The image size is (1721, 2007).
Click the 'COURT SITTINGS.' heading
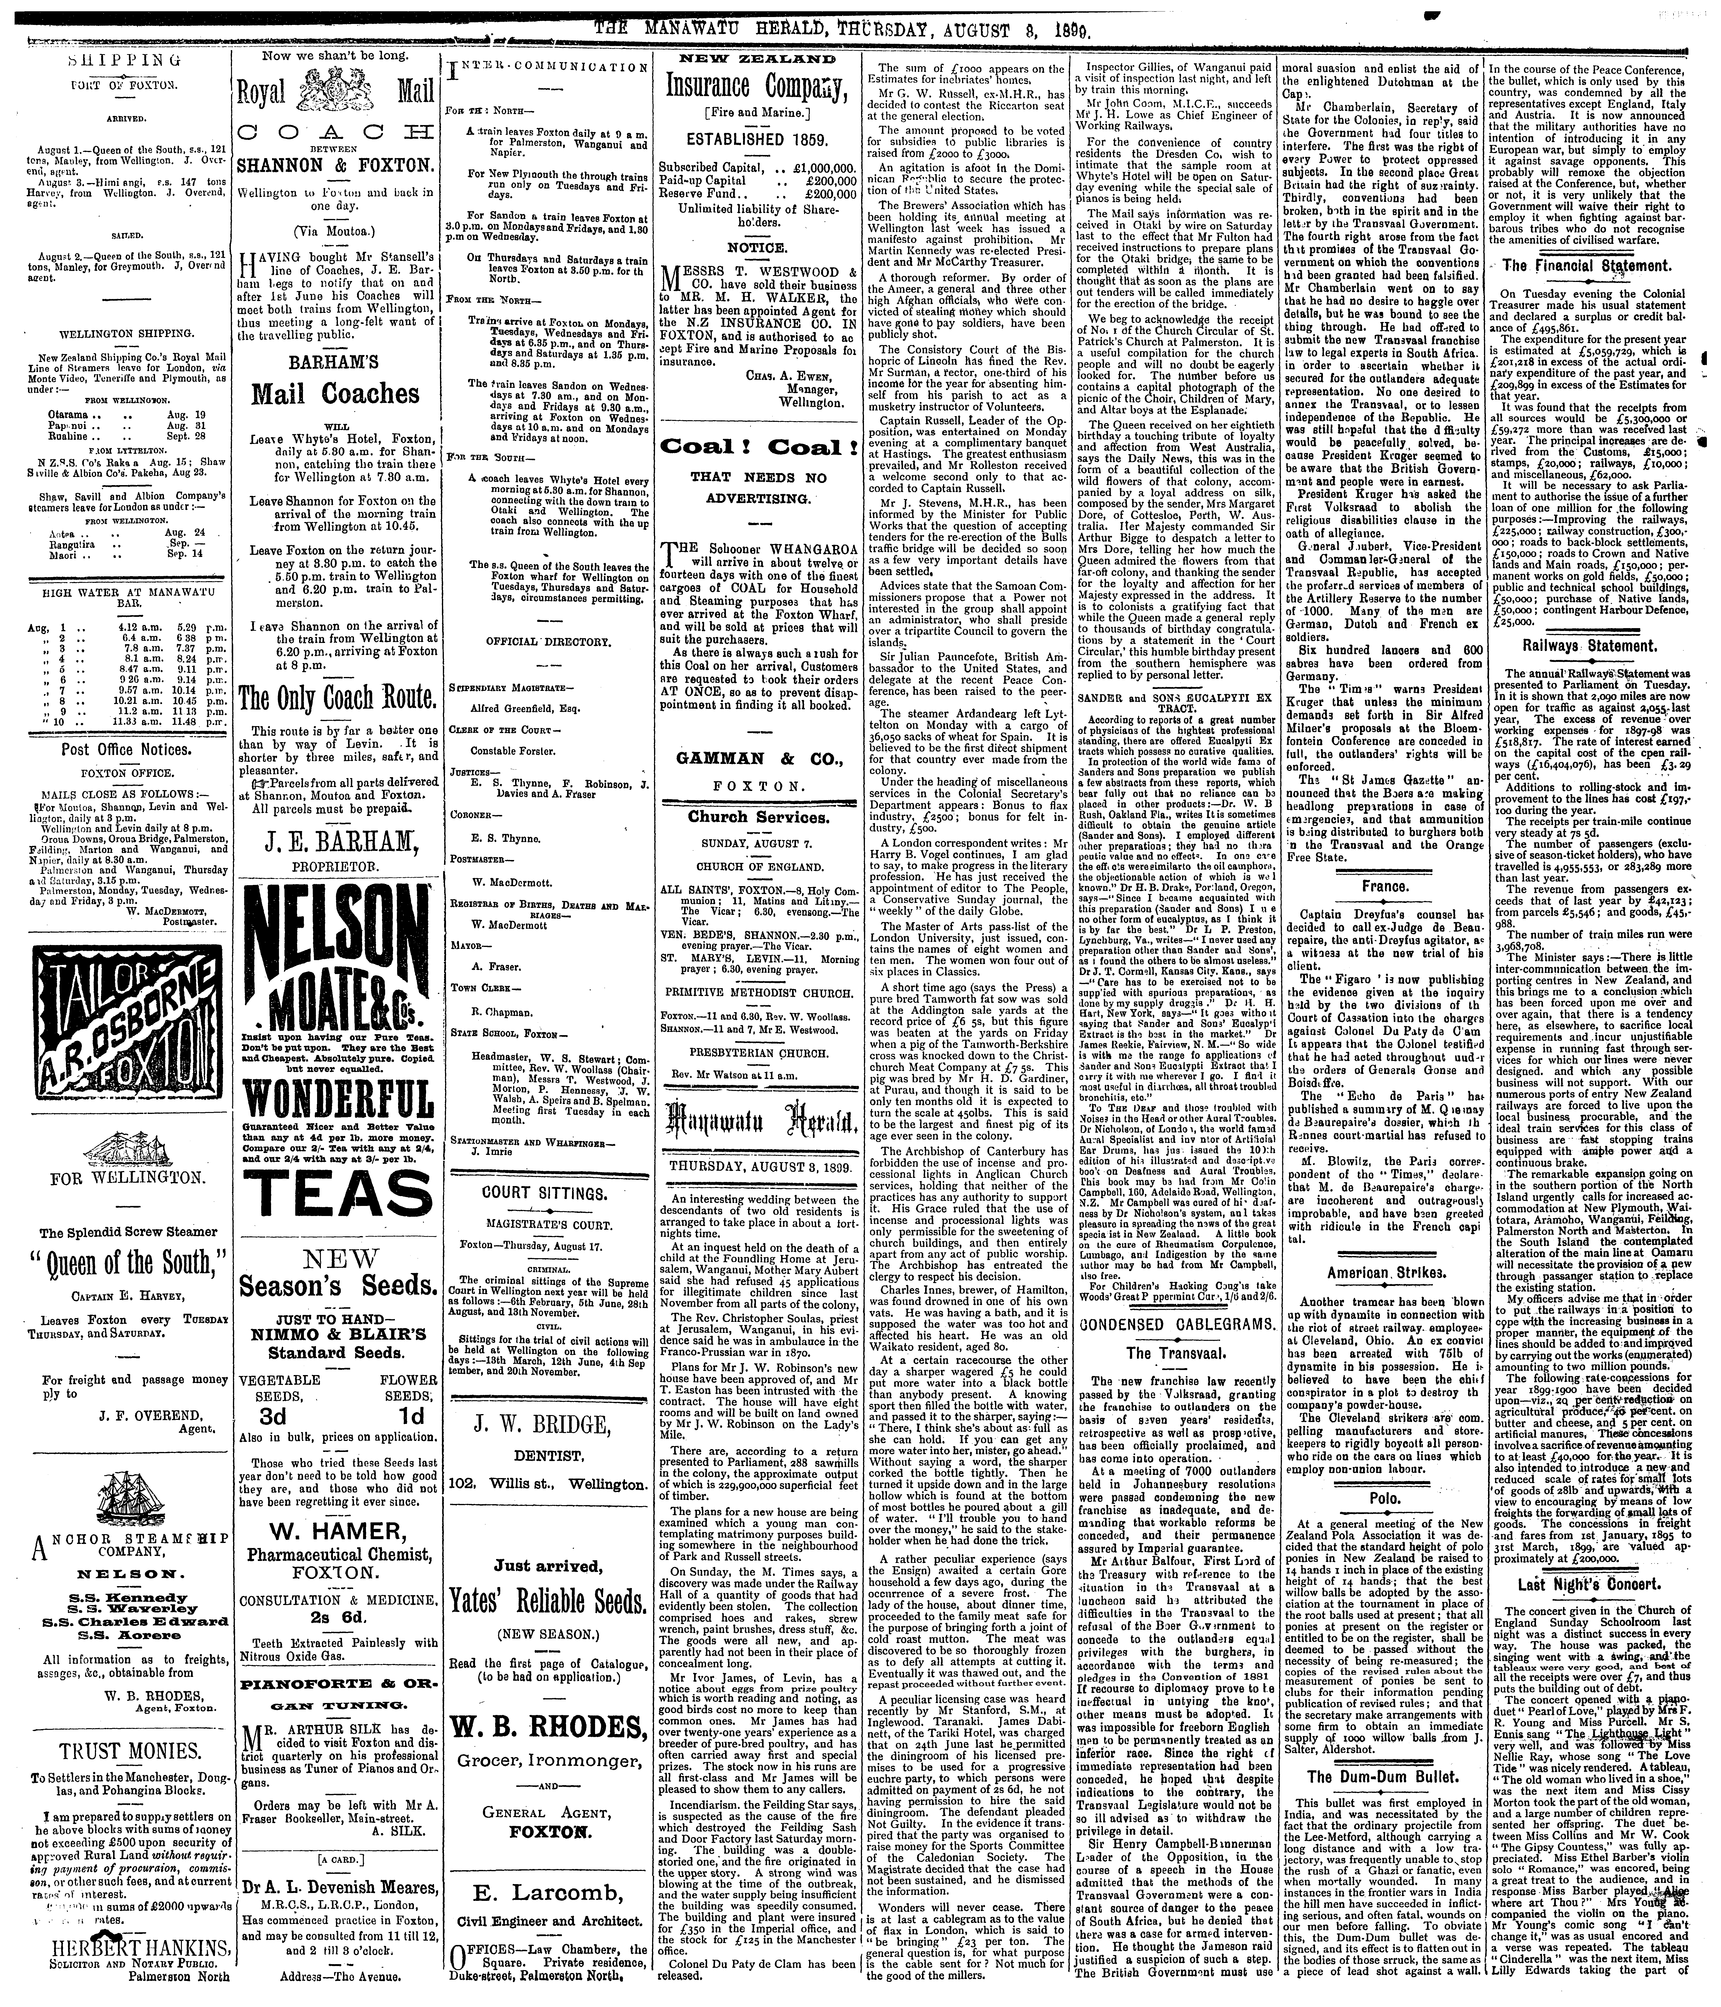coord(547,1192)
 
